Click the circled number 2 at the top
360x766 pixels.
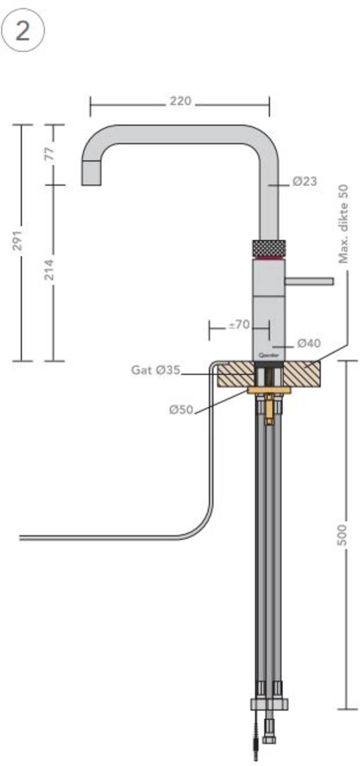[23, 31]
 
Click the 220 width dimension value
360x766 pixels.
[180, 101]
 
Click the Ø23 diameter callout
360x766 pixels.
[305, 181]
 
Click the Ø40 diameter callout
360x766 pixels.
[309, 344]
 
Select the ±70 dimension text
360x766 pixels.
[239, 325]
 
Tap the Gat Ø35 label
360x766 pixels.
[155, 370]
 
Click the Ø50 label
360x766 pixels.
[181, 410]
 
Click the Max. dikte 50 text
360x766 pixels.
[344, 224]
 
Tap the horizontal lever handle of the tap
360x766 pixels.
[309, 282]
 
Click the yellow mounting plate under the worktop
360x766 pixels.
[269, 390]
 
